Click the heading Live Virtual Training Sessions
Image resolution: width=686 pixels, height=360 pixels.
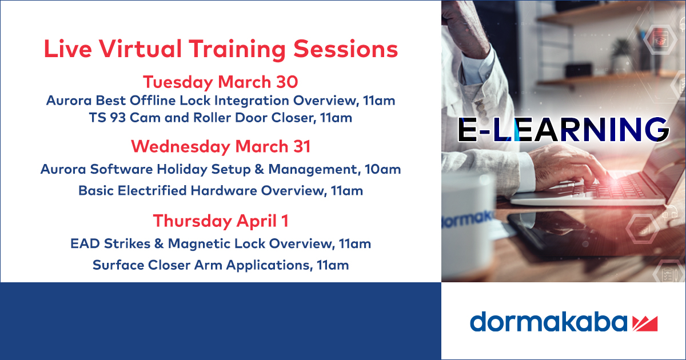point(221,50)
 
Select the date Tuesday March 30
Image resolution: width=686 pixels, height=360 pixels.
point(220,82)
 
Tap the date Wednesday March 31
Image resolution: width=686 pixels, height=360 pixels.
point(220,146)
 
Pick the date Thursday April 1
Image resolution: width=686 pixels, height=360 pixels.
point(220,221)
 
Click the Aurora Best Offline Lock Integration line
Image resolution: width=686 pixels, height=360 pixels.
point(220,101)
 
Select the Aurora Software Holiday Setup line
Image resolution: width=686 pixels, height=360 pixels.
point(220,170)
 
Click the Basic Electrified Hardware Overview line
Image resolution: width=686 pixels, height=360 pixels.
point(220,191)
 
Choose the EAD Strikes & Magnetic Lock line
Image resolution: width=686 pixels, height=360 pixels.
point(220,244)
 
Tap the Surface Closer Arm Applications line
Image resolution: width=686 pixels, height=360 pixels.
point(220,265)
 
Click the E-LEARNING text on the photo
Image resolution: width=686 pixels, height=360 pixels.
point(563,130)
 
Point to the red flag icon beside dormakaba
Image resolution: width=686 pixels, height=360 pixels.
point(645,323)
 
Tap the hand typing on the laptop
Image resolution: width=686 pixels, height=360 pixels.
point(566,163)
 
